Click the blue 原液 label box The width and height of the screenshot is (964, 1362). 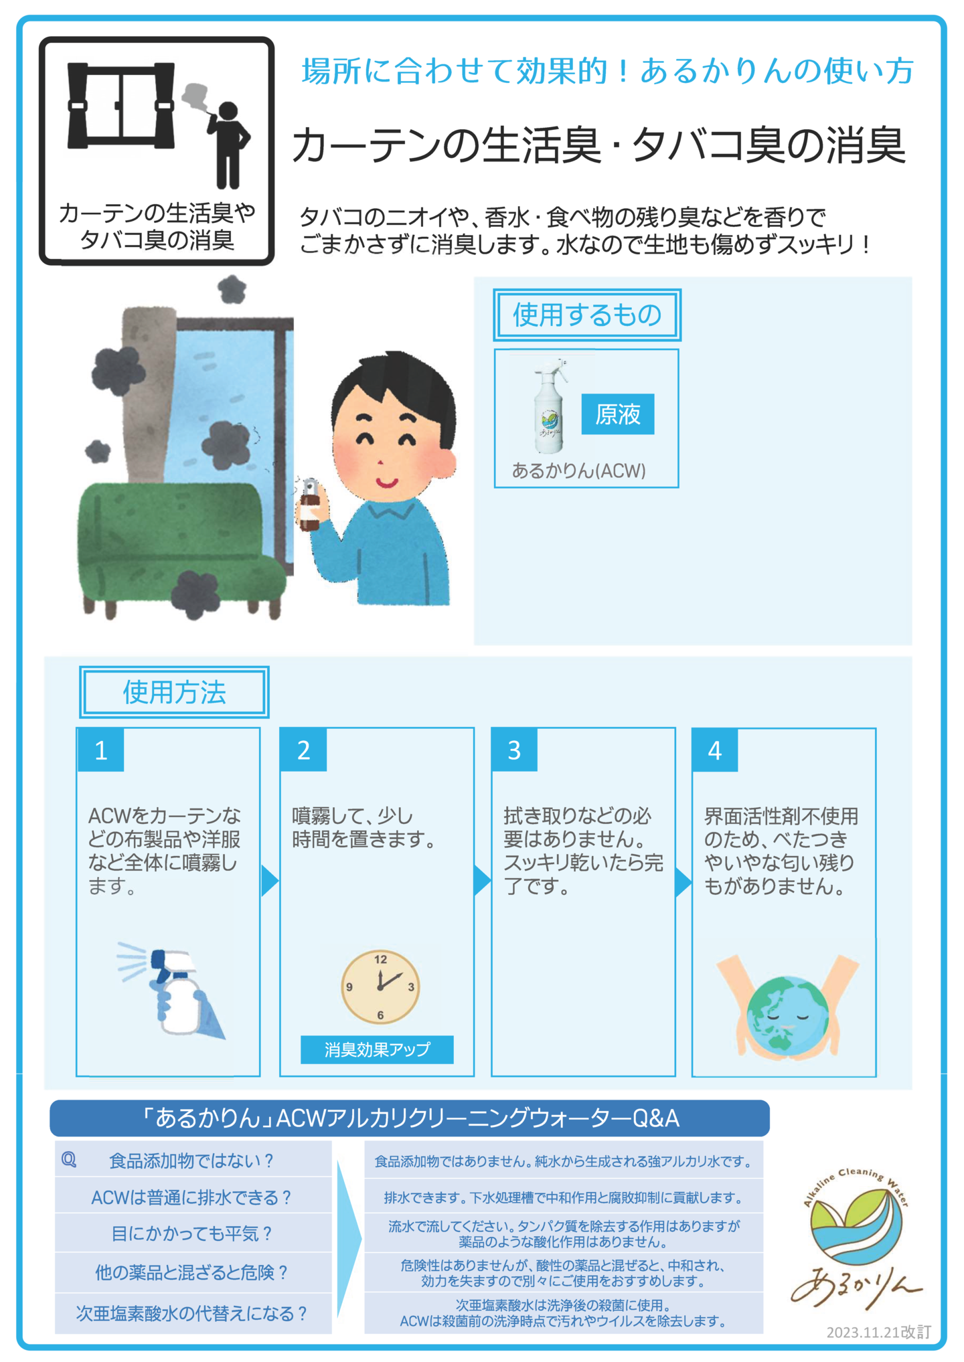pos(617,414)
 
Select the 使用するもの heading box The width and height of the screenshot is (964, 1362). pos(587,315)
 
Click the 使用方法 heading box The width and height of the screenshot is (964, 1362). pos(174,692)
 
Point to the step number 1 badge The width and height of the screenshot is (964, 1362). pos(101,750)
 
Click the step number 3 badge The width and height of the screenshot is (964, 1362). pos(514,750)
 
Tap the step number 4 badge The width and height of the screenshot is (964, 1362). pos(715,750)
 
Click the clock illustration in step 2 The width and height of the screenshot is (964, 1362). pos(380,987)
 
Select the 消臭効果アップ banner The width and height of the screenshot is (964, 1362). pos(377,1049)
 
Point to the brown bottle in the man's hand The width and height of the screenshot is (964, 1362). pos(309,505)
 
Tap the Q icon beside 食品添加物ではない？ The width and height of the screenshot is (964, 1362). pos(69,1160)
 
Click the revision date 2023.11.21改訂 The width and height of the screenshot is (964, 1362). pos(878,1332)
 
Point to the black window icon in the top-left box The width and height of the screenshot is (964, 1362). pos(121,106)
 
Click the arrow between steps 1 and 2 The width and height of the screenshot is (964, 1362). pos(269,881)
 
